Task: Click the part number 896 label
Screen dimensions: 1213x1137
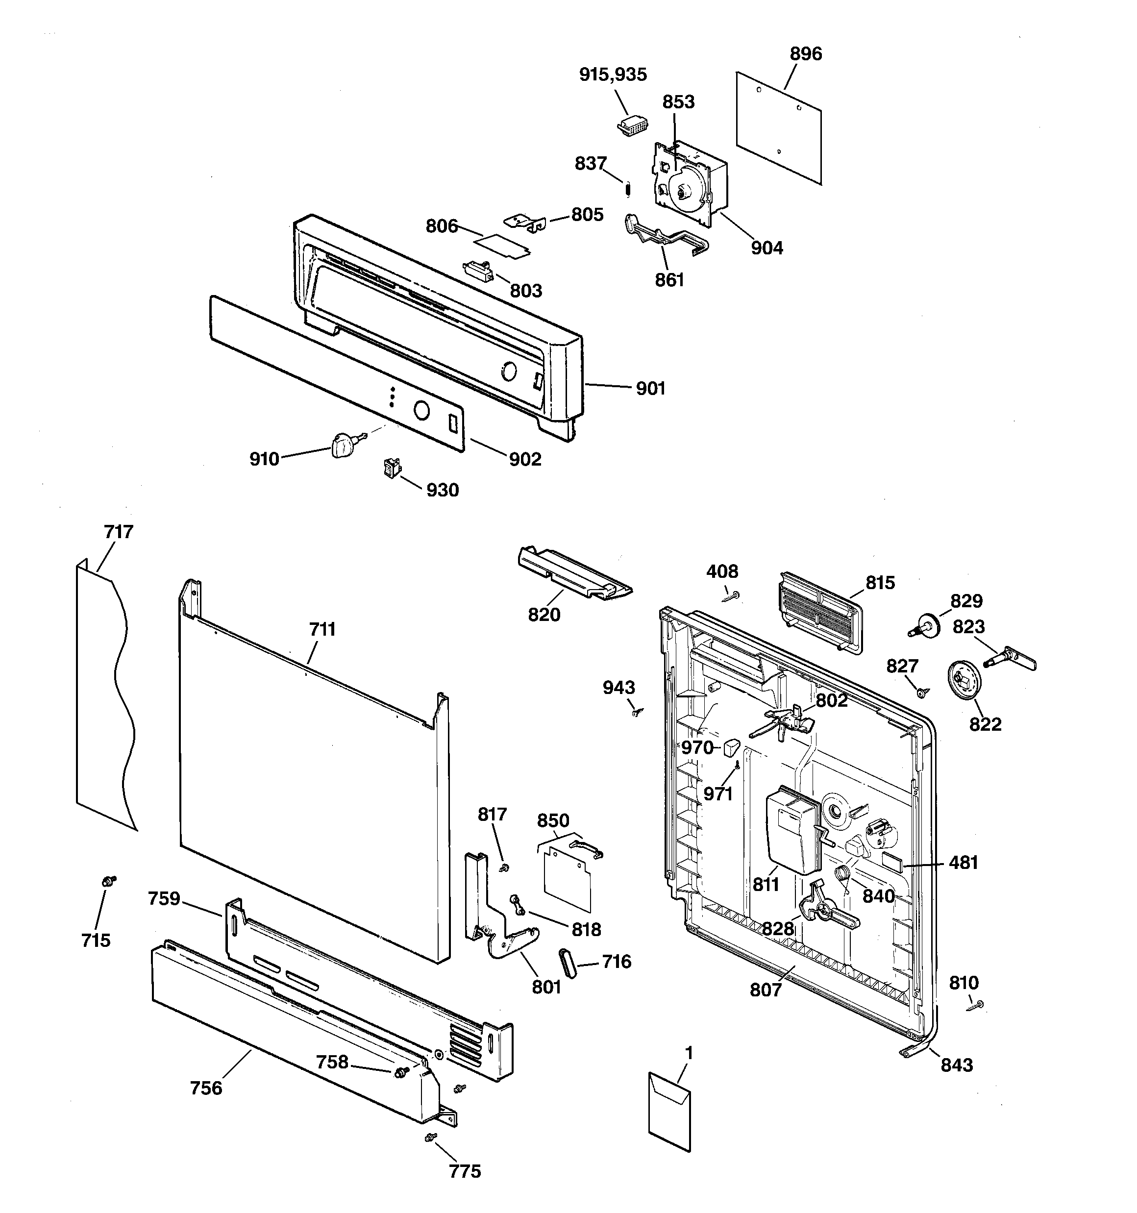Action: pos(806,54)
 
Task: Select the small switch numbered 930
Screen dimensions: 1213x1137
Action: pos(389,469)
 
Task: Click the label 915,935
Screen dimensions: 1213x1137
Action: pos(613,74)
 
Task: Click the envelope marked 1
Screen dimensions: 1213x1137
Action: pos(669,1111)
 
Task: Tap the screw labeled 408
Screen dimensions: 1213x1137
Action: pos(732,595)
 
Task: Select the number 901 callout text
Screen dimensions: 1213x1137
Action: pos(650,389)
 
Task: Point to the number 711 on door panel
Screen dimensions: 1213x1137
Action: pos(322,629)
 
